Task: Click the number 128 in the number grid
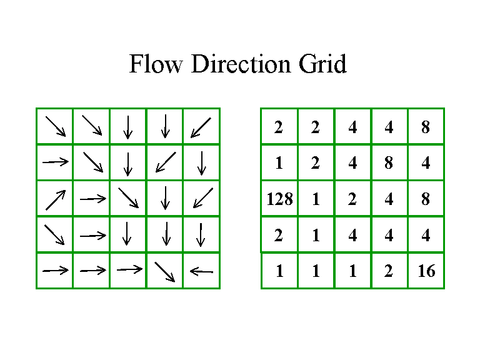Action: pyautogui.click(x=279, y=199)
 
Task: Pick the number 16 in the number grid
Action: pyautogui.click(x=426, y=272)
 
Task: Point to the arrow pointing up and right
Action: pyautogui.click(x=55, y=199)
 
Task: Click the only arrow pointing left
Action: pyautogui.click(x=201, y=271)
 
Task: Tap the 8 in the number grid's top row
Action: pyautogui.click(x=426, y=127)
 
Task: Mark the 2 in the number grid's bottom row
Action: pyautogui.click(x=389, y=272)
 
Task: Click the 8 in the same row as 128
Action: pyautogui.click(x=426, y=199)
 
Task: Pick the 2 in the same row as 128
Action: pyautogui.click(x=352, y=199)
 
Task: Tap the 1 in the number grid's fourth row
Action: pyautogui.click(x=316, y=236)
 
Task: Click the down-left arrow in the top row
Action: pyautogui.click(x=201, y=127)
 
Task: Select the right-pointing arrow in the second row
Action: pyautogui.click(x=55, y=162)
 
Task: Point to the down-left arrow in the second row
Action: pyautogui.click(x=165, y=162)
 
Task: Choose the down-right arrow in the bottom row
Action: pyautogui.click(x=165, y=271)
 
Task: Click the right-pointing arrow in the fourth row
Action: pyautogui.click(x=92, y=235)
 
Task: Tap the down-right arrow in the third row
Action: pyautogui.click(x=128, y=199)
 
